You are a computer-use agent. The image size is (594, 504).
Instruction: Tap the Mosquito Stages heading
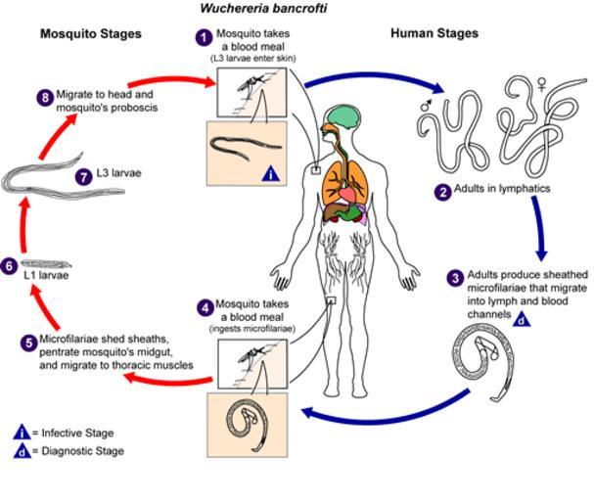[x=90, y=33]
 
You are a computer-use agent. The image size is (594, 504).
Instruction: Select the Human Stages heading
[x=434, y=33]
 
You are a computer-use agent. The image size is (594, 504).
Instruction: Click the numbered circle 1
[x=203, y=37]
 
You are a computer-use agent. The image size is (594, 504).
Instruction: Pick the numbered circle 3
[x=455, y=278]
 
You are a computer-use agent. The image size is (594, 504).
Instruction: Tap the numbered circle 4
[x=204, y=307]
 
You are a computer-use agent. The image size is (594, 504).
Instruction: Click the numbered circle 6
[x=10, y=265]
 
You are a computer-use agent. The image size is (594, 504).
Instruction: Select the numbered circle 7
[x=85, y=176]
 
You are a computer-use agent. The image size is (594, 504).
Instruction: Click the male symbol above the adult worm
[x=426, y=100]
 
